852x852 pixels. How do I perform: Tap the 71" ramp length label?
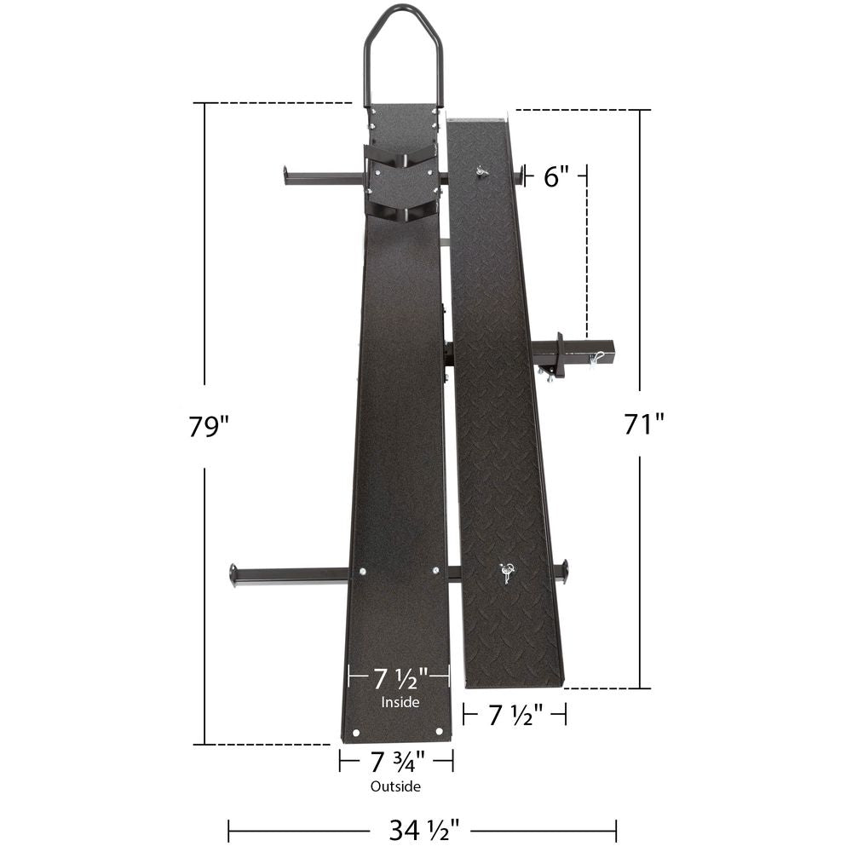tap(643, 423)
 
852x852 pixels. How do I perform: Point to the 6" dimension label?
tap(556, 176)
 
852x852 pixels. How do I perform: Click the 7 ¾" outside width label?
tap(396, 759)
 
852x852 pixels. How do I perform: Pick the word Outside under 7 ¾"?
tap(395, 786)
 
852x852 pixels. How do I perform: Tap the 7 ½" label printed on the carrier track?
tap(399, 679)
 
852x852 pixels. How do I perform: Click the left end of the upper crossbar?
tap(289, 176)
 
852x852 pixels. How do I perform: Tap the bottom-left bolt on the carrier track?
tap(355, 730)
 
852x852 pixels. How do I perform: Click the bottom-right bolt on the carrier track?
tap(439, 730)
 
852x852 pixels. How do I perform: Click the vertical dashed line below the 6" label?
tap(586, 256)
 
